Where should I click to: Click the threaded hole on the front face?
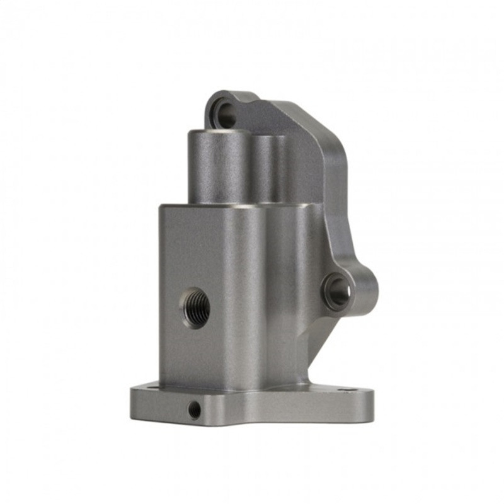coord(196,307)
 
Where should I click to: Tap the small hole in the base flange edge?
coord(195,410)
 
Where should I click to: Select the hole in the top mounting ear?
coord(227,113)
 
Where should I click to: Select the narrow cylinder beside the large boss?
coord(265,167)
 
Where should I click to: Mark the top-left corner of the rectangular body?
coord(161,206)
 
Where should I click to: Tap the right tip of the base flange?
coord(372,403)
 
